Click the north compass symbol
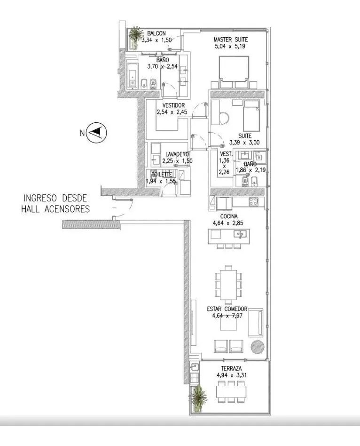[x=96, y=132]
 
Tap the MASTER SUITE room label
[x=230, y=40]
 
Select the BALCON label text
[x=157, y=33]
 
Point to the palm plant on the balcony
[x=136, y=34]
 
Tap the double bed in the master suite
[x=234, y=72]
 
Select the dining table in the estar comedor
[x=228, y=285]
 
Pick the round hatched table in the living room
[x=258, y=347]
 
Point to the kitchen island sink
[x=240, y=234]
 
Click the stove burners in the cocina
[x=254, y=202]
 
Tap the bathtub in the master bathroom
[x=133, y=75]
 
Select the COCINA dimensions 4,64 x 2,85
[x=228, y=223]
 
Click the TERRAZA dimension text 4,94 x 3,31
[x=232, y=375]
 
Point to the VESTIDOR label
[x=173, y=105]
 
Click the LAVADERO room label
[x=177, y=154]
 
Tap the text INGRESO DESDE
[x=55, y=198]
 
